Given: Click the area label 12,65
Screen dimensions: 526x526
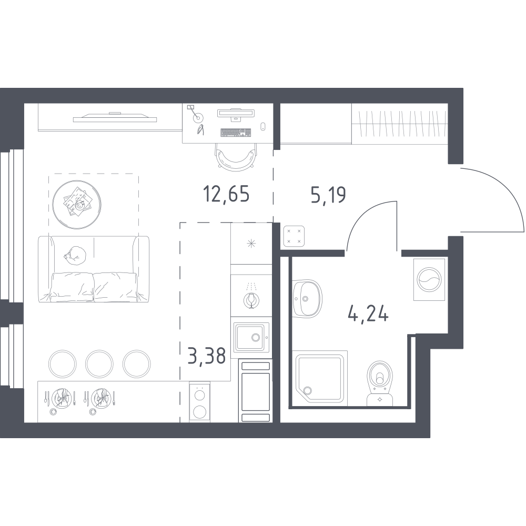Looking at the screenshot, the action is coord(226,194).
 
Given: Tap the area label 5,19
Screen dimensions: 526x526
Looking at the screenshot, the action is coord(328,195).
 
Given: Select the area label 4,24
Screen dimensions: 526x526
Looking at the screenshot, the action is coord(368,315).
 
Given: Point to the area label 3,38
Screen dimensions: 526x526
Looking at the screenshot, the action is coord(206,356).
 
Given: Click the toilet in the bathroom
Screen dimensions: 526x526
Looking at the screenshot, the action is coord(380,383).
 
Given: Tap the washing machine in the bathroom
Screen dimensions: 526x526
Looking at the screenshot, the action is coord(429,279).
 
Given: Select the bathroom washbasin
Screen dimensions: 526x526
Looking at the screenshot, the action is coord(307,298).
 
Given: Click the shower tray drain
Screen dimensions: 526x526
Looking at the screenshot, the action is coord(307,390).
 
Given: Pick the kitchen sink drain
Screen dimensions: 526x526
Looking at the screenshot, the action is coord(256,338).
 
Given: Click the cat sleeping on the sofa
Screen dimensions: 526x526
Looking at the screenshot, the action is coord(75,255).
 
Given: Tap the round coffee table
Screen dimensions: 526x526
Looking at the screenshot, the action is coord(77,205).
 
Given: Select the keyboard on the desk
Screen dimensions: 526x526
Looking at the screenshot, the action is coord(236,133).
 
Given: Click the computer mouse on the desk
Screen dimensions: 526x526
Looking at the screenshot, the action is coord(263,126).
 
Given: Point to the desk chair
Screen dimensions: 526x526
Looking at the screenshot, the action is coord(235,156).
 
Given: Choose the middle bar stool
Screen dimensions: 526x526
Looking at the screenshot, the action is coord(99,363).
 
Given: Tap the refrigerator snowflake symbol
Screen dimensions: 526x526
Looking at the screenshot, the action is coord(251,244).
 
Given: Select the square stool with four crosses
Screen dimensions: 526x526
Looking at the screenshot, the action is coord(294,236).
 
